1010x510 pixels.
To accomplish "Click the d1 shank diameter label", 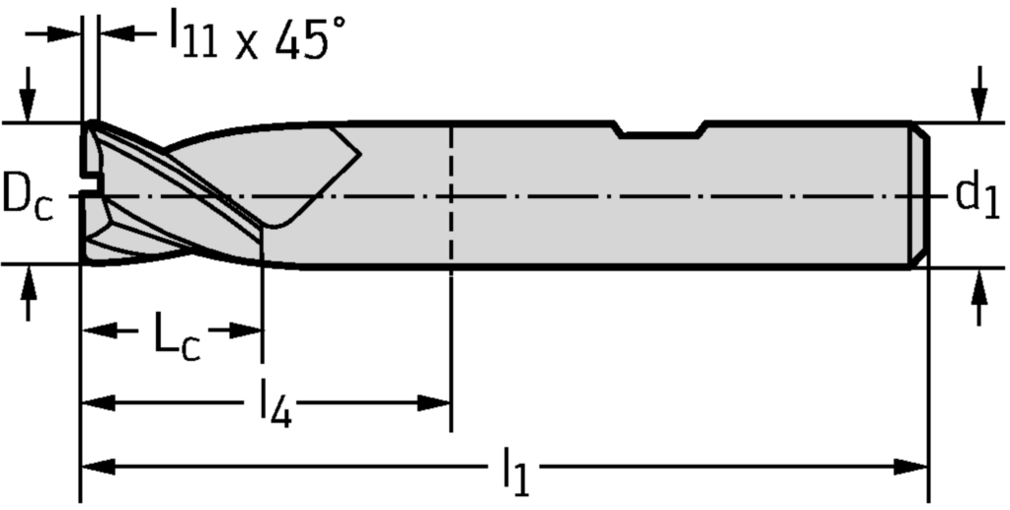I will (977, 195).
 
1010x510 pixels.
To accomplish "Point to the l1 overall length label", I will (515, 472).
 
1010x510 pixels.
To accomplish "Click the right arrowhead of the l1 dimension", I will (912, 465).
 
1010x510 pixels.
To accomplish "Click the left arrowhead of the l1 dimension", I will (96, 465).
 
